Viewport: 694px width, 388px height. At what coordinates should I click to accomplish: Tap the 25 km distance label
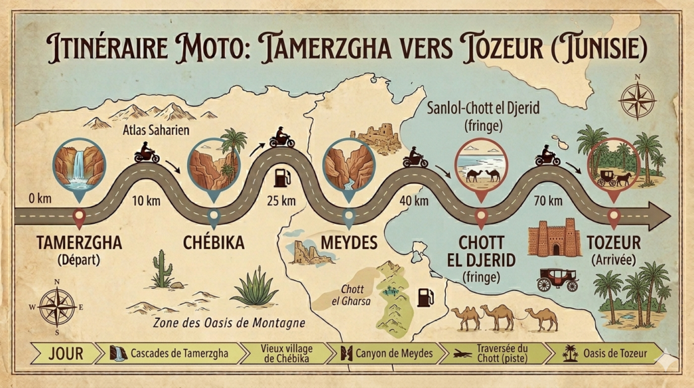[x=281, y=200]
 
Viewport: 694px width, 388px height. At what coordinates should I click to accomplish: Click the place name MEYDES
[x=348, y=243]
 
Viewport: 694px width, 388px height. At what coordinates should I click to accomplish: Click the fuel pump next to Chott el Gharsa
[x=425, y=298]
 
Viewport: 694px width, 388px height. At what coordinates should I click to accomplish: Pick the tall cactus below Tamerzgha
[x=161, y=269]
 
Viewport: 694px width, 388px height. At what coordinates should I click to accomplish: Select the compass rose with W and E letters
[x=57, y=306]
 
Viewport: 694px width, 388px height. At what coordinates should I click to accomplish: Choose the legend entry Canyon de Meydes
[x=387, y=353]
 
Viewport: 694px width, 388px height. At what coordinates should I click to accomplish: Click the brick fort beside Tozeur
[x=554, y=237]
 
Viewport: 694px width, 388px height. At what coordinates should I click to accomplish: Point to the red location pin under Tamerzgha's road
[x=79, y=218]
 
